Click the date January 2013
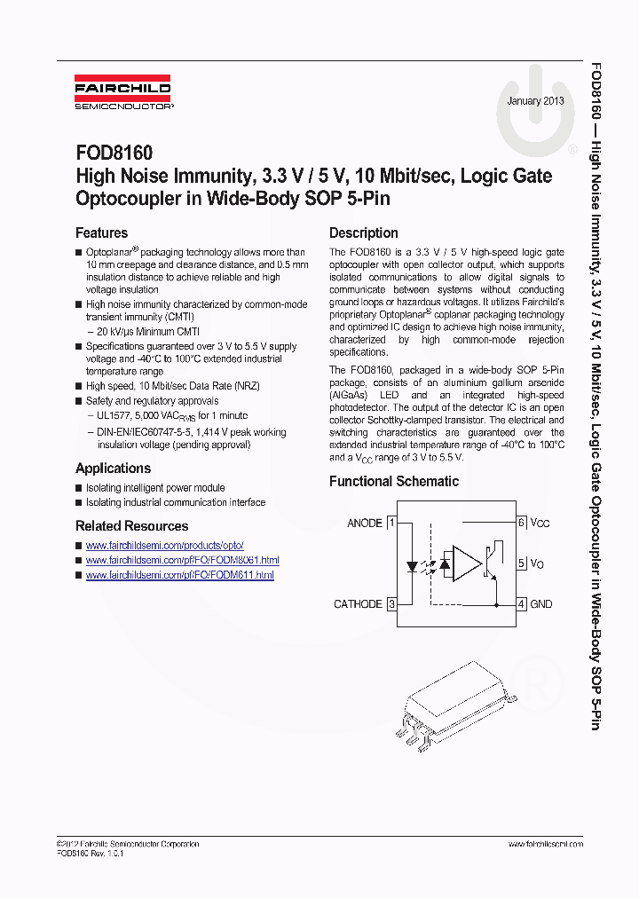[535, 101]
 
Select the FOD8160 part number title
[114, 154]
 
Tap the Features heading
[101, 233]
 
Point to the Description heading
[363, 233]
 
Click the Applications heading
[113, 469]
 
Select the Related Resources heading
[131, 526]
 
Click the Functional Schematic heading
[394, 482]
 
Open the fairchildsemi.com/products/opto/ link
[164, 546]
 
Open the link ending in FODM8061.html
[182, 561]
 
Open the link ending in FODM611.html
[179, 575]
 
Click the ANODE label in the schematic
[364, 524]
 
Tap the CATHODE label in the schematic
[358, 604]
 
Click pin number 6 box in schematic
[522, 524]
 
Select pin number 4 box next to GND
[522, 604]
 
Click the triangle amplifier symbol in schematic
[465, 563]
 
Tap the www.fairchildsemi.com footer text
[546, 844]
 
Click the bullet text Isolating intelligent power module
[155, 488]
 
